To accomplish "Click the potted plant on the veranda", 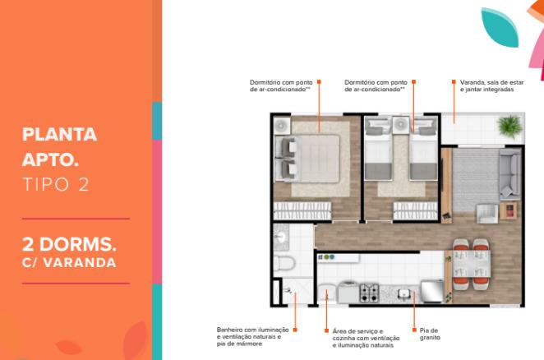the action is point(509,126).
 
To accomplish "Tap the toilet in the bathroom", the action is point(284,264).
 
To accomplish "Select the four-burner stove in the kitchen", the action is point(369,293).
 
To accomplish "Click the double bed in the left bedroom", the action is point(307,159).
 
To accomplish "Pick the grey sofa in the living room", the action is point(509,174).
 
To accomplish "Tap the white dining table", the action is point(472,264).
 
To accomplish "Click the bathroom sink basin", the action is point(280,238).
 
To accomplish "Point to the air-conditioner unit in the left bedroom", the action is point(282,126).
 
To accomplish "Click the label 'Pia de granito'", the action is point(430,334).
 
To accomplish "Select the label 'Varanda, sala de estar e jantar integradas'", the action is point(491,85).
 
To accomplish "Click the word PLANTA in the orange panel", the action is point(59,135).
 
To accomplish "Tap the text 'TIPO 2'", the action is point(56,184).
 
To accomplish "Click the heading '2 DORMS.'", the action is point(69,244).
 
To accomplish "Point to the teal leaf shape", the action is point(500,27).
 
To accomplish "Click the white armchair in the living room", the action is point(486,214).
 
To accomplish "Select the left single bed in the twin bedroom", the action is point(379,150).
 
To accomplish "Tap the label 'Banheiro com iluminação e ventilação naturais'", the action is point(252,337).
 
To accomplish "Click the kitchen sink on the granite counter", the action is point(404,294).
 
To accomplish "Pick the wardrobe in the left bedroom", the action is point(302,210).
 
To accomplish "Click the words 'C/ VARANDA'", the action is point(69,263).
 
